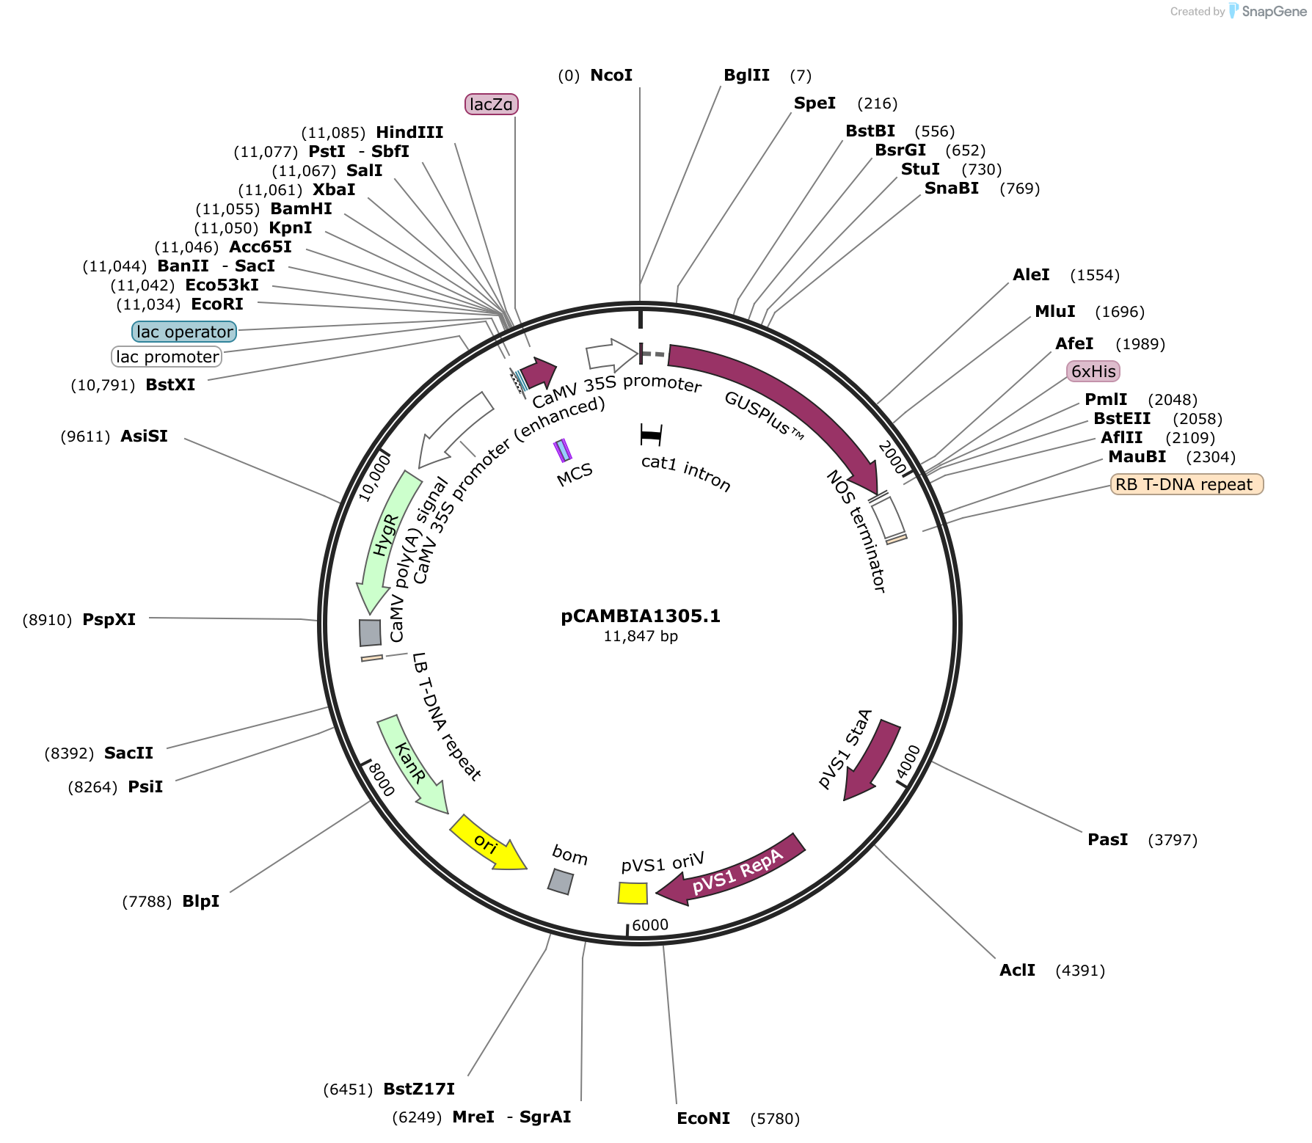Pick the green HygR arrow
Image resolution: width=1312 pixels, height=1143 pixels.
tap(387, 539)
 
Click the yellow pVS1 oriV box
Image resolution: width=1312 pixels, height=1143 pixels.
tap(633, 893)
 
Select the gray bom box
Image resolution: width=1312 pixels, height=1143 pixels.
tap(561, 881)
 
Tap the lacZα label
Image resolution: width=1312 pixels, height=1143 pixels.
tap(492, 104)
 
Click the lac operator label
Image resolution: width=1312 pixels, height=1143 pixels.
tap(185, 332)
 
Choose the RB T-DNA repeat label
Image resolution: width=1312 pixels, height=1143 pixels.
tap(1187, 484)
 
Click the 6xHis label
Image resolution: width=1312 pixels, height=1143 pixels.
tap(1093, 371)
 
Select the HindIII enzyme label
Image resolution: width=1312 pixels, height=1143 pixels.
tap(409, 132)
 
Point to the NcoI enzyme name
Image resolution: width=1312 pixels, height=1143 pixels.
tap(611, 75)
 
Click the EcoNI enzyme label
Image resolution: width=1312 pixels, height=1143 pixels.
tap(703, 1118)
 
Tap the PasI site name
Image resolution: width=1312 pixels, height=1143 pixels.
tap(1107, 839)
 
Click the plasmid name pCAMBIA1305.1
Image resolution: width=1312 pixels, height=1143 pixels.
tap(641, 616)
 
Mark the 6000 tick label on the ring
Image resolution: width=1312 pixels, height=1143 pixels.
tap(650, 925)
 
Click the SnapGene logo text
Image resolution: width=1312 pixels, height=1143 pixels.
tap(1275, 11)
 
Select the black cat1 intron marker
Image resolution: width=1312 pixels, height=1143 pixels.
tap(651, 435)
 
